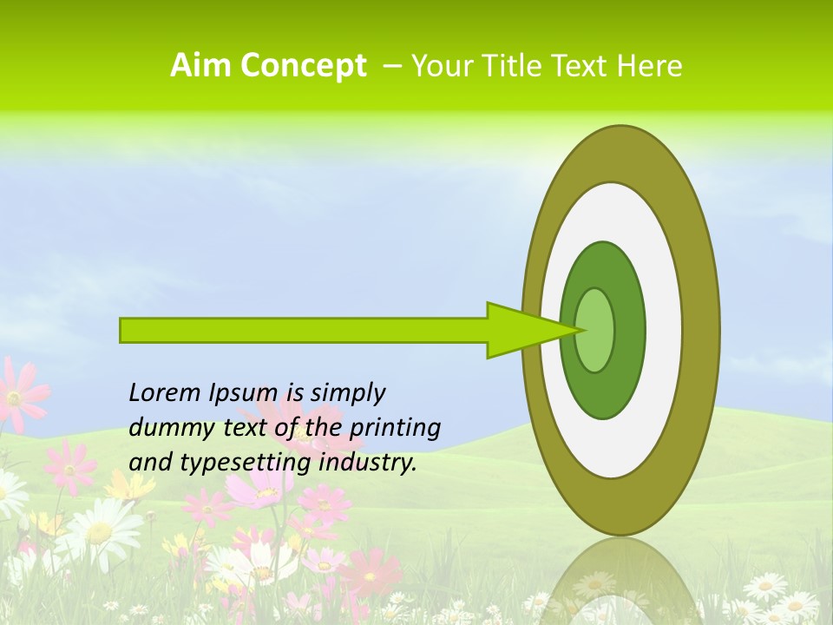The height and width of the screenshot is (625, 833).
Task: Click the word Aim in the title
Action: [202, 65]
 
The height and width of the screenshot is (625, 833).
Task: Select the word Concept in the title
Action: [304, 66]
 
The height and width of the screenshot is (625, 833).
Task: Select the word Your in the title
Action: [439, 66]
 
